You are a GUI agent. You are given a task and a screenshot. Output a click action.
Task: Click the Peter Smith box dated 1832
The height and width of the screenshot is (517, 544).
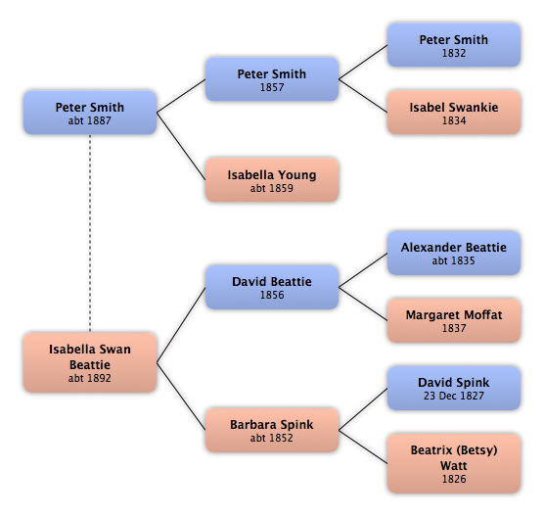coord(454,45)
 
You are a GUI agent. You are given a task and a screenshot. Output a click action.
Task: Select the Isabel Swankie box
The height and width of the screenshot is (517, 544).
coord(454,113)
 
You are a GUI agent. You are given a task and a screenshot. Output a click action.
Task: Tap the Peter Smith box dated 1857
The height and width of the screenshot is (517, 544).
coord(272,79)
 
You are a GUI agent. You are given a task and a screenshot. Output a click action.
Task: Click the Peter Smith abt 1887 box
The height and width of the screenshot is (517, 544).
coord(90,113)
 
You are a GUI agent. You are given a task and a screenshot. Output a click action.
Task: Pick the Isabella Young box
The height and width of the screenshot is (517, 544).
coord(272,180)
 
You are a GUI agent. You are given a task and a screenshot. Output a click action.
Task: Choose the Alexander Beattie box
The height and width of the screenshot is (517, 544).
coord(454,253)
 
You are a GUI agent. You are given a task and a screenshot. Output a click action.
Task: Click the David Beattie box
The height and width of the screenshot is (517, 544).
coord(272,287)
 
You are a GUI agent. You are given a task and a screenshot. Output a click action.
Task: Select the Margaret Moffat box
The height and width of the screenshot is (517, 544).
coord(454,320)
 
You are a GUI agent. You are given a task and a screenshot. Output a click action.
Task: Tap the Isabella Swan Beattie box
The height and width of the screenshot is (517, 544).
coord(90,362)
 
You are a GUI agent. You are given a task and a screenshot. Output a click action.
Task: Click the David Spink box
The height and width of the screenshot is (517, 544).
coord(454,388)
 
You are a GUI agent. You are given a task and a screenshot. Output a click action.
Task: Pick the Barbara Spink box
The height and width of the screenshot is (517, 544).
coord(272,430)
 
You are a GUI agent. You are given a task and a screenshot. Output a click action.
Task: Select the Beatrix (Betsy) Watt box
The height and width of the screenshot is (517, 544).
coord(454,463)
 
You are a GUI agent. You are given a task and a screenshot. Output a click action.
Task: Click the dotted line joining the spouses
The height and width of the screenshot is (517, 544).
coord(90,233)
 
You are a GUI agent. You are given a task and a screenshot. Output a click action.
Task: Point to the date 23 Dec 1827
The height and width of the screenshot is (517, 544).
coord(453,396)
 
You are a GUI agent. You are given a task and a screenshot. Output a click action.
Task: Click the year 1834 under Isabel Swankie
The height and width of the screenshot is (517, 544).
coord(454,120)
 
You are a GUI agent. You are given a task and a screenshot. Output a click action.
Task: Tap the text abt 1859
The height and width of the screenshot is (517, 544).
coord(272,188)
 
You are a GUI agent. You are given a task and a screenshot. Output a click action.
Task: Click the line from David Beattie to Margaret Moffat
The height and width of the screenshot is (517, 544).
coord(363,304)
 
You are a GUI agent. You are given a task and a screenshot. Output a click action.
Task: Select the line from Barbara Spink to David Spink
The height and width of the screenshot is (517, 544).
coord(363,409)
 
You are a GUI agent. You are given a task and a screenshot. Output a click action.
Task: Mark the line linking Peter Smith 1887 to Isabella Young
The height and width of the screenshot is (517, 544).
coord(181,146)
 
